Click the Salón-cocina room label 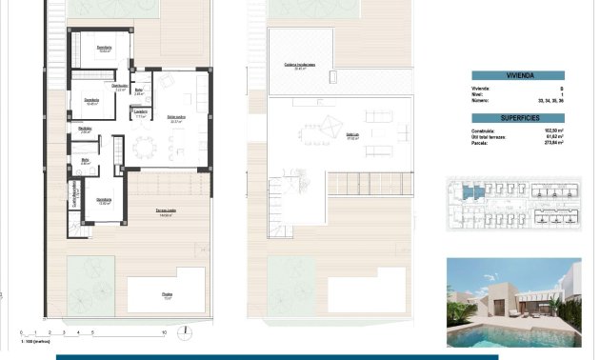(x=176, y=119)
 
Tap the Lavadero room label (x=140, y=112)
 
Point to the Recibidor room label (x=85, y=129)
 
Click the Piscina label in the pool (x=168, y=295)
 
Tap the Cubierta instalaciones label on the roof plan (x=298, y=66)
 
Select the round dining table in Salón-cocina (x=144, y=148)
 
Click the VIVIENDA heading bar (x=518, y=76)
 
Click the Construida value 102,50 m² (x=551, y=130)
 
